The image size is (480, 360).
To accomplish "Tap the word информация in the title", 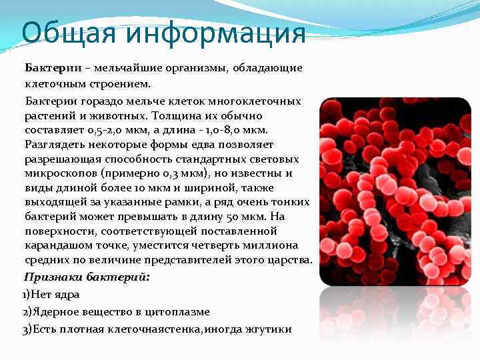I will pos(213,33).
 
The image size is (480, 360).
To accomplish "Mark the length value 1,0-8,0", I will pos(233,130).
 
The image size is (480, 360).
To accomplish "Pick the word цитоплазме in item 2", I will pos(181,311).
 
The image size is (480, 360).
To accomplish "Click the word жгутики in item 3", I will pos(271,329).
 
